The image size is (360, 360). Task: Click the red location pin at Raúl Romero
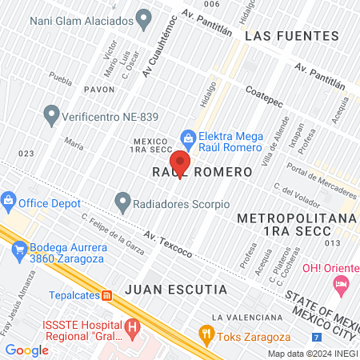point(181,164)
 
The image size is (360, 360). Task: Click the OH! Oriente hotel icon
point(342,283)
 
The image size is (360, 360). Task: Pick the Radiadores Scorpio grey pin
point(122,201)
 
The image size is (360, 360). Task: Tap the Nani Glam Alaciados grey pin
point(144,16)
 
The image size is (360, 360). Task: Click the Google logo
point(26,350)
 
